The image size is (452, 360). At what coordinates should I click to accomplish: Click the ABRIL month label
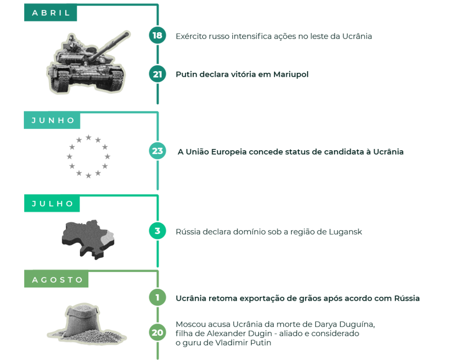click(50, 13)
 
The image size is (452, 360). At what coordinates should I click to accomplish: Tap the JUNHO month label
click(52, 120)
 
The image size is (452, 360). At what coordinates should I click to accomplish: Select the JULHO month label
click(52, 204)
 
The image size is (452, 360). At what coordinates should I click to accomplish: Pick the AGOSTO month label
click(56, 280)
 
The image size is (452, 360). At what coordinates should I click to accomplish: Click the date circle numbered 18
click(158, 35)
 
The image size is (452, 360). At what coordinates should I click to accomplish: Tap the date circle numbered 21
click(158, 74)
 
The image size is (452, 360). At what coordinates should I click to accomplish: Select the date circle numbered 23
click(158, 151)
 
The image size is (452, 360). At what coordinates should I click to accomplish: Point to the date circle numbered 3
click(158, 231)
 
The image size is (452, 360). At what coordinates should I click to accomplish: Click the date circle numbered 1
click(158, 297)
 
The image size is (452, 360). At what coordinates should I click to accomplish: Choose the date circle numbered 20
click(158, 332)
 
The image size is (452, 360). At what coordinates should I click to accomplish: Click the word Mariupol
click(291, 75)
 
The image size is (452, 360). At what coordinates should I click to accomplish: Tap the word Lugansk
click(345, 232)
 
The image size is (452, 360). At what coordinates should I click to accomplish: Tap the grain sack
click(82, 320)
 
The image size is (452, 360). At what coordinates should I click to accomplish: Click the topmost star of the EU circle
click(88, 138)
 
